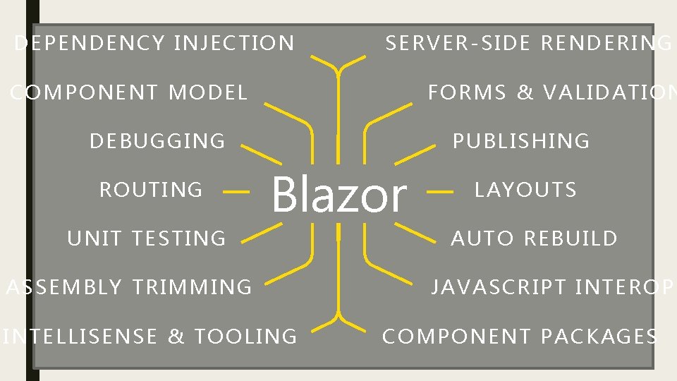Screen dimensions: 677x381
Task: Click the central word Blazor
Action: pyautogui.click(x=338, y=195)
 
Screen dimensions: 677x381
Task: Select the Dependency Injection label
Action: pyautogui.click(x=154, y=44)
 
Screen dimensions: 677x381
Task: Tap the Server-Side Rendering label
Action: pyautogui.click(x=528, y=44)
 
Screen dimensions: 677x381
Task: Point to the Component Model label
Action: pyautogui.click(x=129, y=92)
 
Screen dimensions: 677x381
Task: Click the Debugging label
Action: pyautogui.click(x=157, y=141)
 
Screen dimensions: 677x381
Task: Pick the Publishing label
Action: pyautogui.click(x=520, y=141)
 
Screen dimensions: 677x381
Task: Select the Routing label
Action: pyautogui.click(x=151, y=190)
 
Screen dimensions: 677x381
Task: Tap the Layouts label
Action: pyautogui.click(x=525, y=190)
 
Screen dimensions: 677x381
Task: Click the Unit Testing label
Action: pyautogui.click(x=147, y=238)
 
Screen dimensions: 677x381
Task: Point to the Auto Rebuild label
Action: pyautogui.click(x=534, y=238)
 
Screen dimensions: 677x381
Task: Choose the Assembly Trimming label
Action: pyautogui.click(x=129, y=287)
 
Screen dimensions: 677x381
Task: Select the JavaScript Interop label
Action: pyautogui.click(x=553, y=287)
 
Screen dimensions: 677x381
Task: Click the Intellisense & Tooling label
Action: pyautogui.click(x=150, y=337)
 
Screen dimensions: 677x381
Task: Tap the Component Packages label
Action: pyautogui.click(x=520, y=337)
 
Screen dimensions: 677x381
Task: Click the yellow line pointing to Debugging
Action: pyautogui.click(x=260, y=154)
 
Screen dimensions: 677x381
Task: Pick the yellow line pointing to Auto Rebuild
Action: pyautogui.click(x=416, y=233)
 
